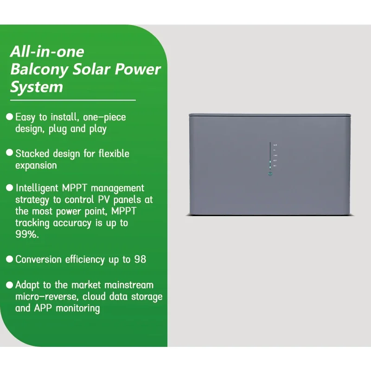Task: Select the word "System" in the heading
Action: click(37, 87)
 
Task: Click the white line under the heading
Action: click(73, 100)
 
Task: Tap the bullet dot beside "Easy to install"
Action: click(9, 117)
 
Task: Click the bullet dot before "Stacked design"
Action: click(9, 153)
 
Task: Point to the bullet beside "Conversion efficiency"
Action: click(9, 259)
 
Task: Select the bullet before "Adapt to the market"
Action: click(9, 284)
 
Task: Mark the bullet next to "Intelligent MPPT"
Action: click(9, 188)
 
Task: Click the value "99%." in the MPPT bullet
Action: click(26, 235)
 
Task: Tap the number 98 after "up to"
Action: click(140, 260)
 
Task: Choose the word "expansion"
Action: click(36, 166)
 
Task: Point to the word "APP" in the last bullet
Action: click(43, 308)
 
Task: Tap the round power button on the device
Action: click(270, 174)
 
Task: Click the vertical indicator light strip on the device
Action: click(270, 155)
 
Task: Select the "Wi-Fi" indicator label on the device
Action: click(275, 160)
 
